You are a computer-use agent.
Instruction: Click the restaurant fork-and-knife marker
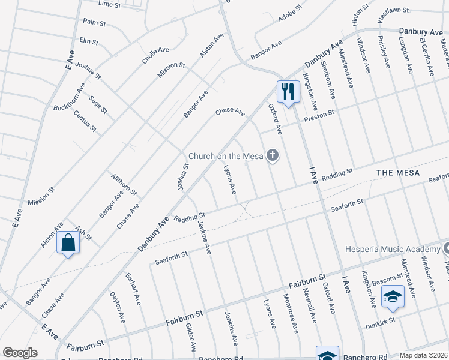[288, 92]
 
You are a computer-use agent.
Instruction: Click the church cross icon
[273, 156]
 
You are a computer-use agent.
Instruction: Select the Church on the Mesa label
[226, 156]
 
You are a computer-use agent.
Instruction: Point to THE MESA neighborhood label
[397, 173]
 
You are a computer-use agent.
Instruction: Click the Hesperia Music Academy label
[392, 249]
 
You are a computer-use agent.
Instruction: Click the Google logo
[20, 353]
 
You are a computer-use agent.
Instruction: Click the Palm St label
[95, 22]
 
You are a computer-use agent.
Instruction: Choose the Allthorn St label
[124, 185]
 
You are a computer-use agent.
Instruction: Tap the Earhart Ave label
[133, 287]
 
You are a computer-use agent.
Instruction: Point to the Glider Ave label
[191, 336]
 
